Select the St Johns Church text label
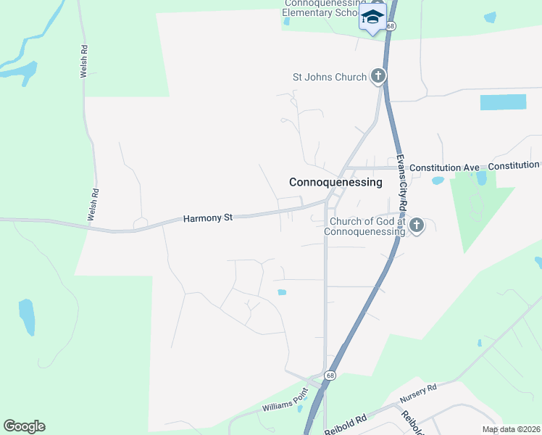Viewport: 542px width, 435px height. coord(329,77)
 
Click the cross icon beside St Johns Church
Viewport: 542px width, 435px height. coord(378,75)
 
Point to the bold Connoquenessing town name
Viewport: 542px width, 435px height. coord(335,183)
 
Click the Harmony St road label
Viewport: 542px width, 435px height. coord(207,217)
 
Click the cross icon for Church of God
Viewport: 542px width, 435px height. coord(416,225)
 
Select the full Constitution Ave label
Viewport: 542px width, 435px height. coord(444,167)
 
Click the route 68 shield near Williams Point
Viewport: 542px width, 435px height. coord(330,375)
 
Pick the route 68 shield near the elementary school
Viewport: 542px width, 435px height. coord(391,25)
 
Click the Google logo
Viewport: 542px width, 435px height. coord(25,426)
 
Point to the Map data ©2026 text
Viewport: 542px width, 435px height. coord(510,429)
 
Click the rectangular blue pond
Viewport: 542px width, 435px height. coord(503,102)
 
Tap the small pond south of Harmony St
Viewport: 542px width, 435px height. coord(281,292)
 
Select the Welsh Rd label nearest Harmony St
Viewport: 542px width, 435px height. coord(94,204)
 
